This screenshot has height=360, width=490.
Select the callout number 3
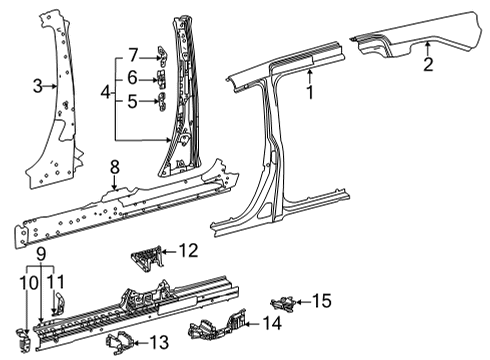(37, 87)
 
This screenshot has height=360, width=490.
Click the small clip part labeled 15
(286, 301)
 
